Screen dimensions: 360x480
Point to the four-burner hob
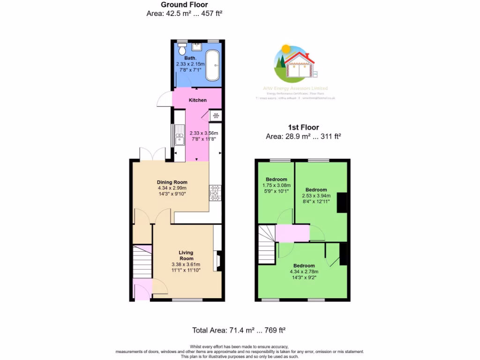[x=215, y=193]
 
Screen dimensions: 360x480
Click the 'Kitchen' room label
[x=197, y=100]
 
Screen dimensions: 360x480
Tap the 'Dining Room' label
[x=172, y=182]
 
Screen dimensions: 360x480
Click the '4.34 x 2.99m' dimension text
[x=172, y=188]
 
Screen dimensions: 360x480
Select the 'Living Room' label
[x=186, y=255]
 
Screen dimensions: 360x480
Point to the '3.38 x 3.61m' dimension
[x=186, y=264]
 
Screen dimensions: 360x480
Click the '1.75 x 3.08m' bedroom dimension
[x=276, y=185]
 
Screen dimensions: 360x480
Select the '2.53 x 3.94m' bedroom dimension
[x=315, y=195]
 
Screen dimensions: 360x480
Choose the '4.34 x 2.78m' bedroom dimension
[x=304, y=271]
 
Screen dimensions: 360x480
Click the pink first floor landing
[x=292, y=233]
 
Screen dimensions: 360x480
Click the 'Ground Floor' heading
[x=184, y=5]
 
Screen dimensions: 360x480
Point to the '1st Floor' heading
[x=303, y=127]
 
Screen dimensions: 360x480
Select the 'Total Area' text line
[x=239, y=330]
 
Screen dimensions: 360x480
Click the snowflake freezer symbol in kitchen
[x=217, y=116]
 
